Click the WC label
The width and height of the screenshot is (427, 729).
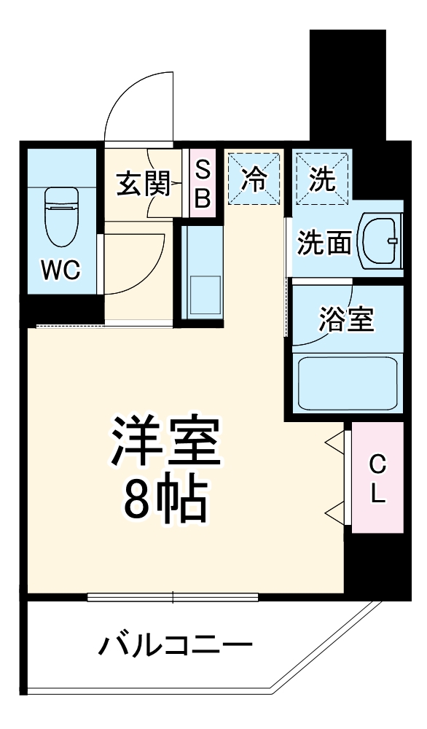click(x=60, y=270)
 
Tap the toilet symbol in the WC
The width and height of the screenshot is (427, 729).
click(x=60, y=217)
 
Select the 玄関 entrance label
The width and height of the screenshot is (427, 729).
click(x=143, y=184)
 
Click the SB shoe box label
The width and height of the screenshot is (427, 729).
click(x=203, y=184)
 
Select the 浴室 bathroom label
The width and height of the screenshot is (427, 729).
click(x=346, y=319)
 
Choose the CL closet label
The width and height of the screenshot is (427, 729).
click(x=377, y=478)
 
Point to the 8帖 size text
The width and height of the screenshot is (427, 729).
click(x=164, y=499)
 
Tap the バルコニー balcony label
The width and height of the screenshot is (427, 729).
click(x=176, y=645)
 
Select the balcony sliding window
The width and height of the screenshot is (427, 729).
click(x=173, y=597)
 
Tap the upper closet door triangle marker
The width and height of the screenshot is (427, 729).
click(x=333, y=441)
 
